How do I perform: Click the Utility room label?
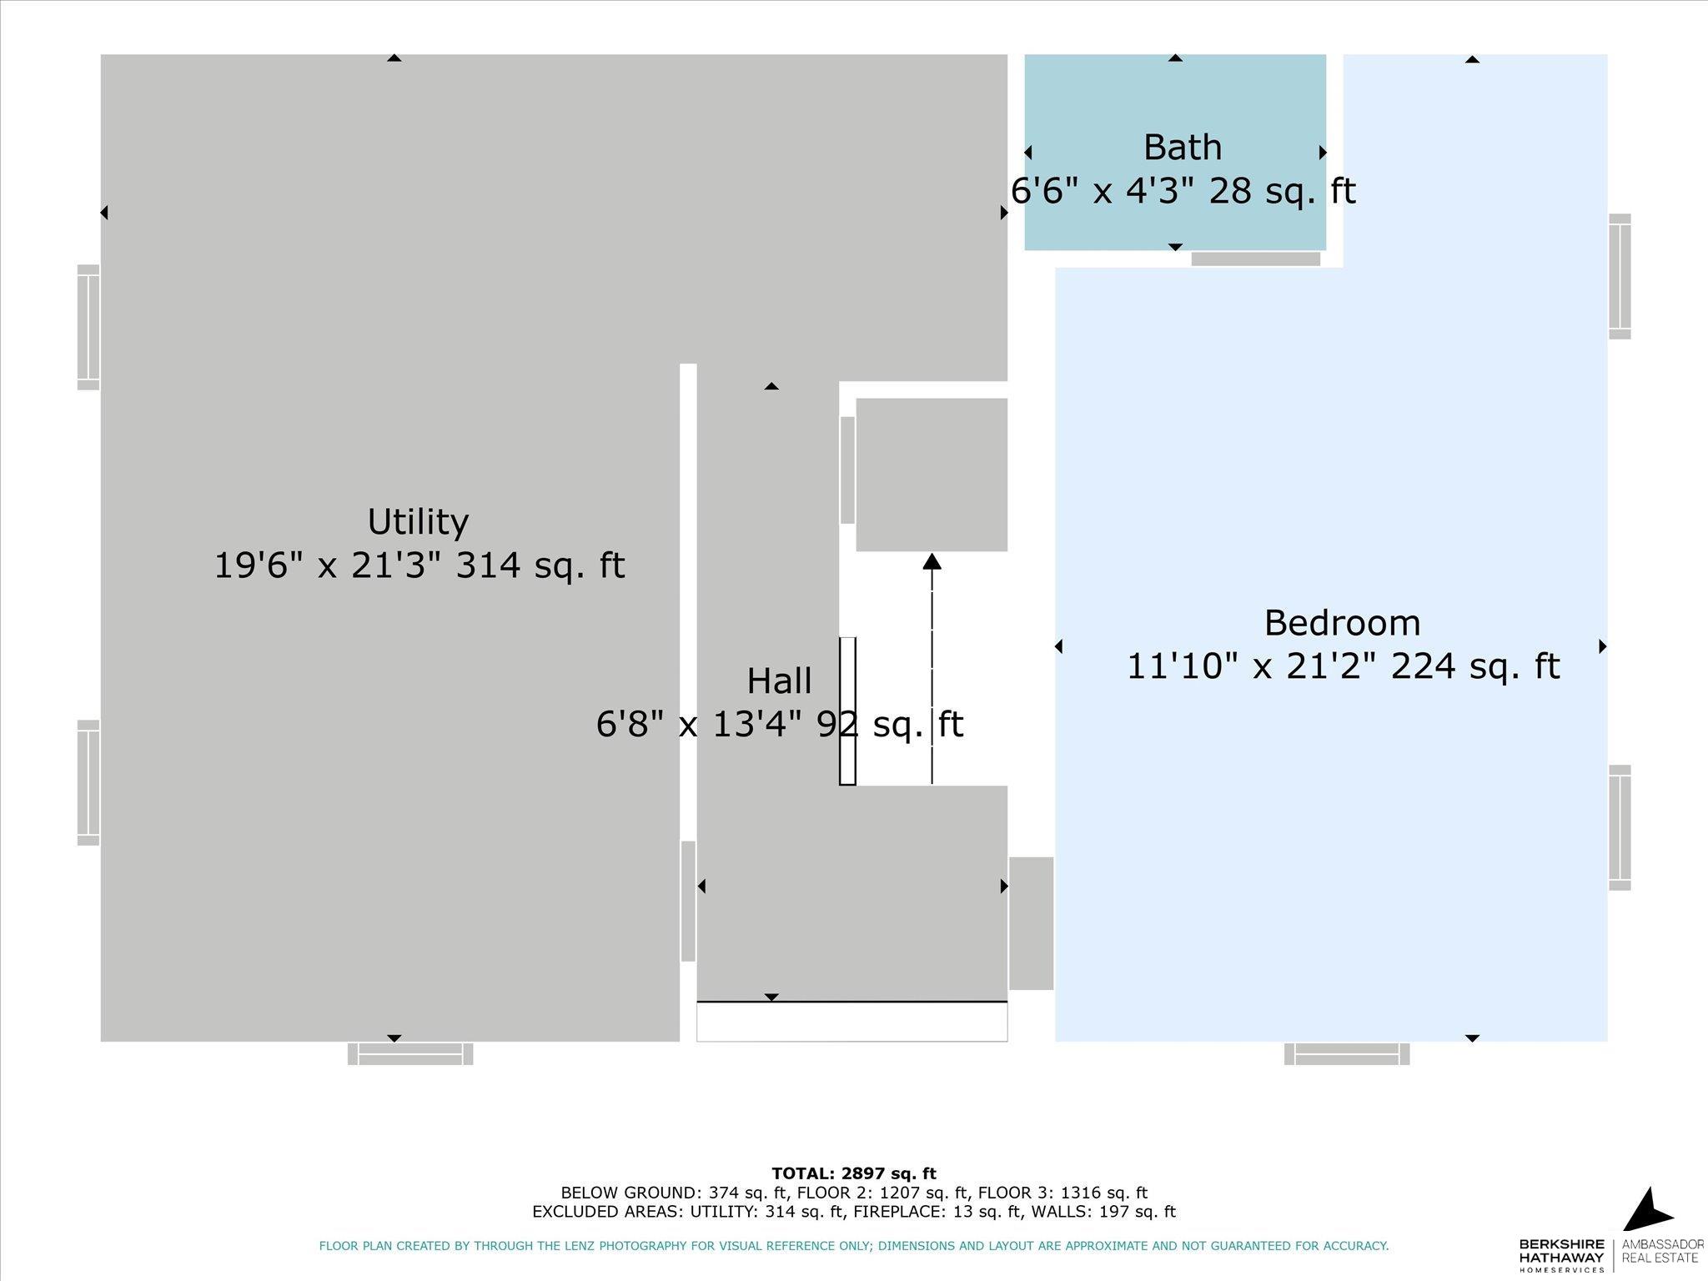click(418, 522)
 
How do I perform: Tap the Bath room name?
click(1183, 148)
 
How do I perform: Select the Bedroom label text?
click(1342, 623)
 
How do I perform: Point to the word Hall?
click(779, 681)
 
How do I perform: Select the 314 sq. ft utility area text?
click(540, 565)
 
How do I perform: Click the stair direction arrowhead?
click(932, 561)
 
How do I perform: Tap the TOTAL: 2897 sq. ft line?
click(854, 1174)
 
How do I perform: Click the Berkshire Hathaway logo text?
click(1561, 1254)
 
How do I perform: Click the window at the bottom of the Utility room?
click(410, 1053)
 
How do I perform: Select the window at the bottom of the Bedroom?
click(1347, 1053)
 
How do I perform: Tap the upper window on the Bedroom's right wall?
click(1620, 276)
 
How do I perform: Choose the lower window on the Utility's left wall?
click(88, 782)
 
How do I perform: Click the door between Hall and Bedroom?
click(1032, 923)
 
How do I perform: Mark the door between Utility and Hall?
click(688, 901)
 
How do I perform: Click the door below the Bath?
click(1256, 259)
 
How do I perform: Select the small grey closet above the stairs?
click(932, 475)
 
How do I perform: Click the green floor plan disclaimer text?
click(854, 1246)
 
